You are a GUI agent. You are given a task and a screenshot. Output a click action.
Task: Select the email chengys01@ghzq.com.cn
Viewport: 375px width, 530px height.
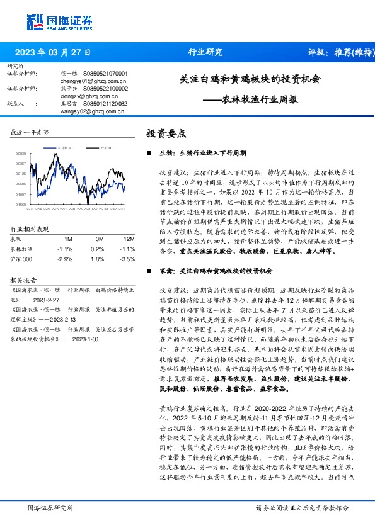[x=93, y=81]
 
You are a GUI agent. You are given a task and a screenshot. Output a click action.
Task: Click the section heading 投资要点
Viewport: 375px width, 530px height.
[x=166, y=133]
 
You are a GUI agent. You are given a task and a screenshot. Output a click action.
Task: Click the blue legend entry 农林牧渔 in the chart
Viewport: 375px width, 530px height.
[x=66, y=147]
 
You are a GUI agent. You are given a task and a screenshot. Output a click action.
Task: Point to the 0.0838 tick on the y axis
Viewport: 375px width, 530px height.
[x=21, y=153]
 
